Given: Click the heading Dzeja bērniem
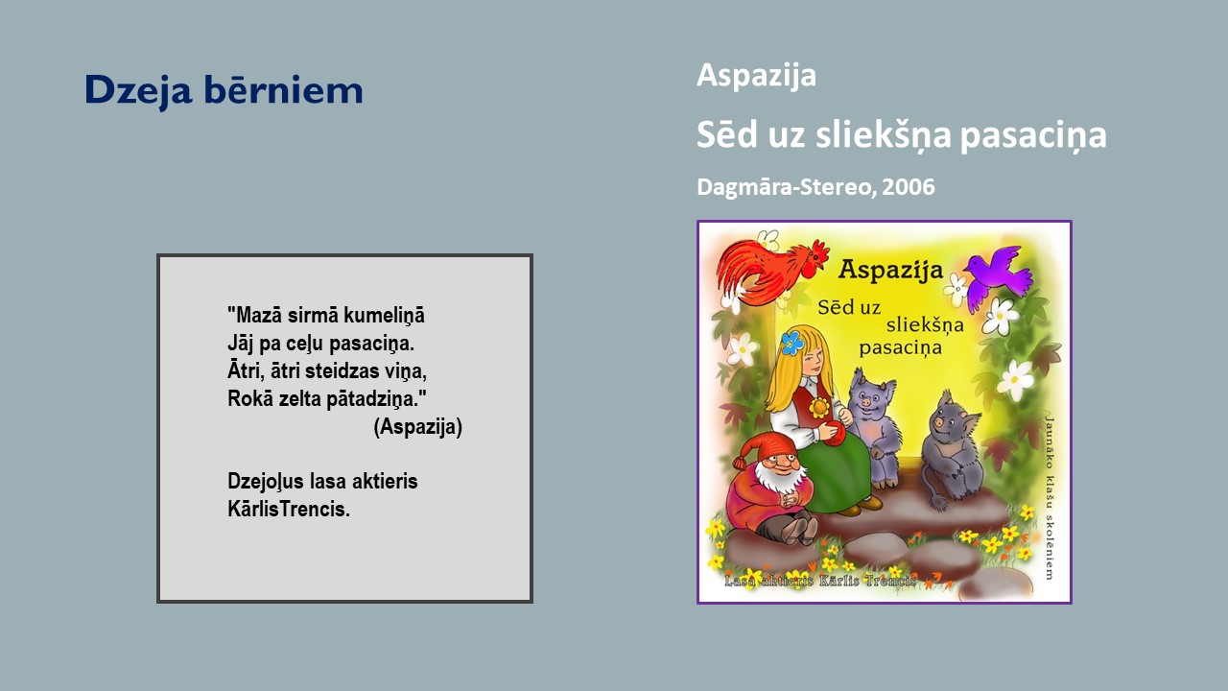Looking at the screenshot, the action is [224, 90].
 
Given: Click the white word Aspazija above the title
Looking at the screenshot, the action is [756, 76].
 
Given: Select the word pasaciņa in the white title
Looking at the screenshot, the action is [1033, 135].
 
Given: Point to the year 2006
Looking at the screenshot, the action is [909, 187].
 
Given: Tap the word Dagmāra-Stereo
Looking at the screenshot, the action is [784, 187].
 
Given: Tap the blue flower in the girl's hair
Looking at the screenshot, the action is [792, 343].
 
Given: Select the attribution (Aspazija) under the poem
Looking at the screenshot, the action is [417, 427].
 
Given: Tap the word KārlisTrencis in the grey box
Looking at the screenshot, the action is [289, 509].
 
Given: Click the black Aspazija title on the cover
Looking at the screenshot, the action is [890, 270].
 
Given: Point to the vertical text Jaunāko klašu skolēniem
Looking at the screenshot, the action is [1049, 497].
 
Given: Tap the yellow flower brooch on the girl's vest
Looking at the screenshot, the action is [819, 408].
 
